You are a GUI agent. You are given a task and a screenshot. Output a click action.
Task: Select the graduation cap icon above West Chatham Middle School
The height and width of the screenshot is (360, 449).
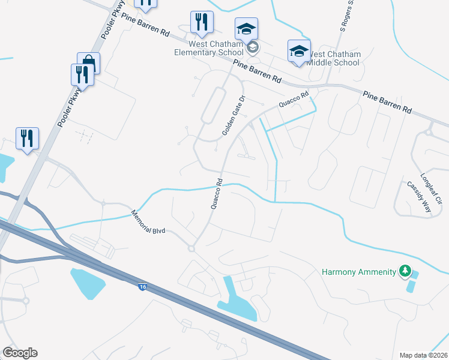[298, 50]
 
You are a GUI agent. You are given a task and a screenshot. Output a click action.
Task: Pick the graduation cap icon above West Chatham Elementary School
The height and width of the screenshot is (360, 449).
[246, 28]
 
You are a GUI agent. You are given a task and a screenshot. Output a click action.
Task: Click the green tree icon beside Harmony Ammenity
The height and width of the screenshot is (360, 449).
[406, 272]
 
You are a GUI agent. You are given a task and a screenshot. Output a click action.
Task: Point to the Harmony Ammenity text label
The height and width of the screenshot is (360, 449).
[359, 272]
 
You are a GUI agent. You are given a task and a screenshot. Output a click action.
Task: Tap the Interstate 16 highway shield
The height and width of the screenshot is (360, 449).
[142, 287]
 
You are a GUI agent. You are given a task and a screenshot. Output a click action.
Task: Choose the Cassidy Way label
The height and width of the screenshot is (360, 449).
[419, 197]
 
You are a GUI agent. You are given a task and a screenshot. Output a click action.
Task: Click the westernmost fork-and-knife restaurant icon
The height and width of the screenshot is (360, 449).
[27, 138]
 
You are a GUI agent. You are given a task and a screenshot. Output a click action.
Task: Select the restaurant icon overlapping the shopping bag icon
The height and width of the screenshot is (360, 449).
[81, 74]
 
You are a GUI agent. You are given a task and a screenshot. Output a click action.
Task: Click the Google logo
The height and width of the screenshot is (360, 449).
[20, 353]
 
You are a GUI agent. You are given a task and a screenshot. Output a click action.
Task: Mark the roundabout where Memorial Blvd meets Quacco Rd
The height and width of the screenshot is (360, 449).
[192, 248]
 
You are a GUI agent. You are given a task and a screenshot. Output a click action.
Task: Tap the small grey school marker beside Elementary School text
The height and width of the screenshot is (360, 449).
[253, 47]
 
